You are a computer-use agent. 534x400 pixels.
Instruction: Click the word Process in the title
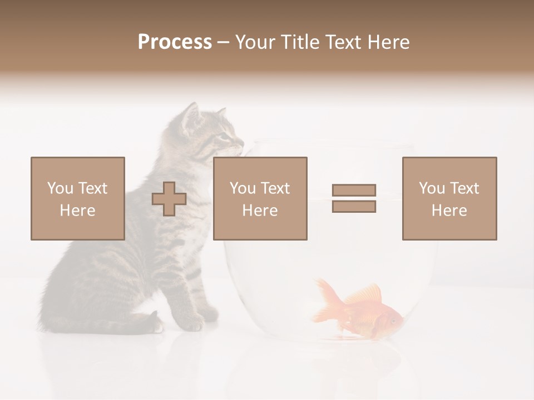[x=175, y=42]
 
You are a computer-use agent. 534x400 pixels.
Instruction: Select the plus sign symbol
[x=169, y=199]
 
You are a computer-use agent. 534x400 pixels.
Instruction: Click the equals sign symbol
[x=354, y=198]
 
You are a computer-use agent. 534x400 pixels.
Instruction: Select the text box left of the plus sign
[x=78, y=198]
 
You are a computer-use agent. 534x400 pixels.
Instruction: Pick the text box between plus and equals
[x=260, y=198]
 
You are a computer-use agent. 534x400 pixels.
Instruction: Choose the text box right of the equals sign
[x=449, y=198]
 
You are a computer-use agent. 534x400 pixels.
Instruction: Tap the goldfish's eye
[x=393, y=320]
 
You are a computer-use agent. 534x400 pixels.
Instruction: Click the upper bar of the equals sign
[x=354, y=190]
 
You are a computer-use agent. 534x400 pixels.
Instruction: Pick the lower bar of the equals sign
[x=354, y=207]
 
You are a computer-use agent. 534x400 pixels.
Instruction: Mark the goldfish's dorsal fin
[x=364, y=293]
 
